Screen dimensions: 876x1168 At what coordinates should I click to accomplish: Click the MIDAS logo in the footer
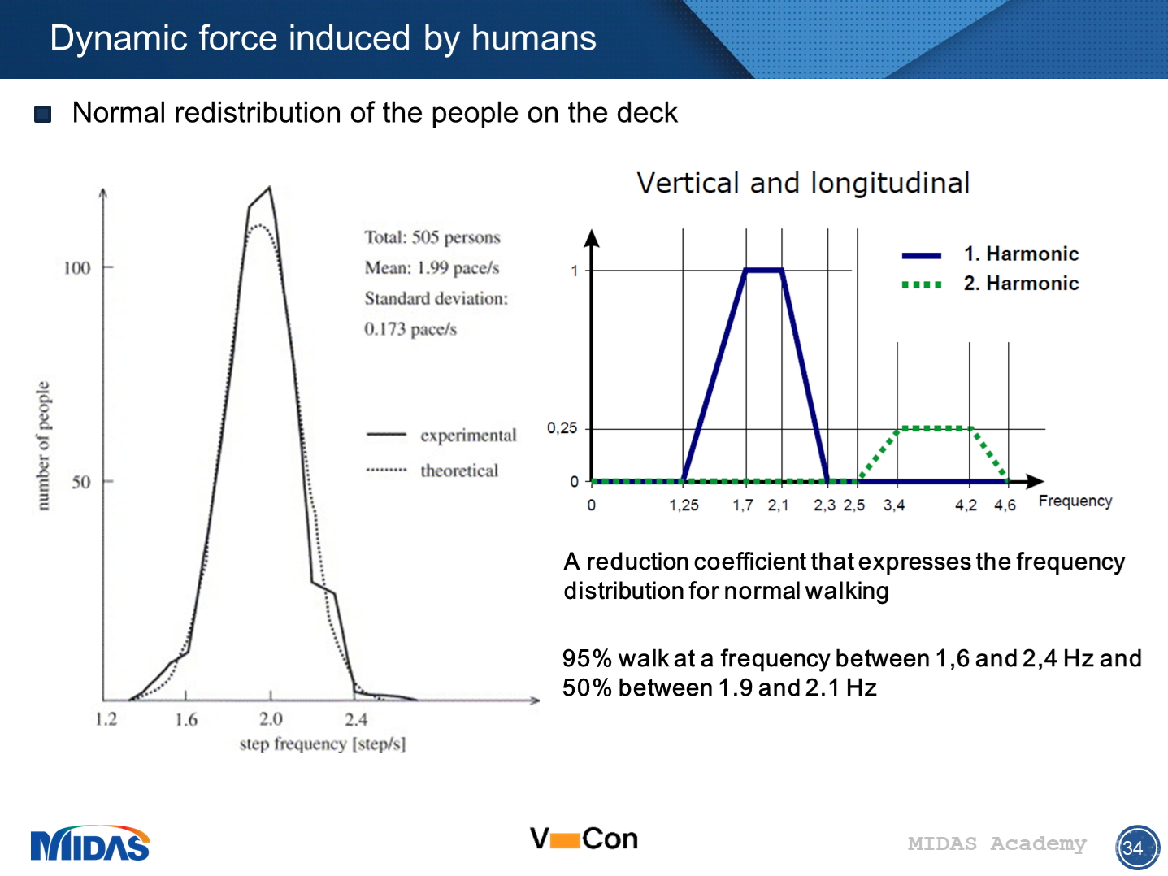click(90, 844)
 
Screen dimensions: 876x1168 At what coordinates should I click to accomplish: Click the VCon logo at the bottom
click(584, 839)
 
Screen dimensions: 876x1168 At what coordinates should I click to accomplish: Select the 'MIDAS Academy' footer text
click(996, 844)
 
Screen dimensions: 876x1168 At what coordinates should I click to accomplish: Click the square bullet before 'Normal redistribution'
click(43, 114)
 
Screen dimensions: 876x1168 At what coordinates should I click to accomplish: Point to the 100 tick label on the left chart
click(77, 268)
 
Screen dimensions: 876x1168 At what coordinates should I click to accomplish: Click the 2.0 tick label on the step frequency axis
click(271, 719)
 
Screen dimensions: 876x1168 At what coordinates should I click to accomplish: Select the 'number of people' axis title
click(43, 446)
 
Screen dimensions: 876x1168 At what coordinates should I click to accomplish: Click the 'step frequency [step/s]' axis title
click(322, 744)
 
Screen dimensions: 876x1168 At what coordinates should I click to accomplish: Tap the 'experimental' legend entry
click(467, 436)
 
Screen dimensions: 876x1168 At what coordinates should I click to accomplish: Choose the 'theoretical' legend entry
click(458, 471)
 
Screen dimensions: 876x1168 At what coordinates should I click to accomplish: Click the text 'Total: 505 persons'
click(432, 237)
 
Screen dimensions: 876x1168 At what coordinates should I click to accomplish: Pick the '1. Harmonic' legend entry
click(1020, 254)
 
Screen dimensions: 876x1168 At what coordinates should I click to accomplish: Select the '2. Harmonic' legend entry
click(1020, 284)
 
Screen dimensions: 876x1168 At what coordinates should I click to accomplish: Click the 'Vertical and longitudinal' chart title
click(803, 183)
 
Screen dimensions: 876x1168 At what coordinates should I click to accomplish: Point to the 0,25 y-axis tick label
click(562, 428)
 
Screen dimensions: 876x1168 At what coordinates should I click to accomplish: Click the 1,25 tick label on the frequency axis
click(684, 505)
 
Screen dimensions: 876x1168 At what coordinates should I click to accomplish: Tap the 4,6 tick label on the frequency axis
click(1005, 505)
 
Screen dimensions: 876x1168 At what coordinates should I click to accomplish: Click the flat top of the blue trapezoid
click(764, 270)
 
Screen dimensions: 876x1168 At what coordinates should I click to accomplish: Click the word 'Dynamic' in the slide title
click(106, 38)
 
